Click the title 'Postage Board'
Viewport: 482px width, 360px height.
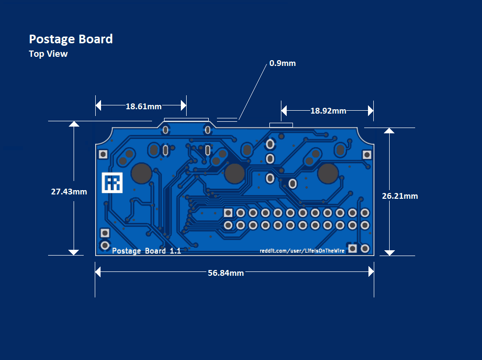[71, 39]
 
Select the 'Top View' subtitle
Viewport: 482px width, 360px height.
[48, 54]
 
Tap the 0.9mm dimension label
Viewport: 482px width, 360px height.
[282, 63]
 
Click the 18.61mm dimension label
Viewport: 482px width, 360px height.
[143, 106]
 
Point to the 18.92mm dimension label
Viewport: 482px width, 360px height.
[328, 111]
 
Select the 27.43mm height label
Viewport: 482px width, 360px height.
[69, 192]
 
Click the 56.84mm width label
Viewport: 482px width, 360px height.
[226, 273]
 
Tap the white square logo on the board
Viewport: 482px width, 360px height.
[113, 183]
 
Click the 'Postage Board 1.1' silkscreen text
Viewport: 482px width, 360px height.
[146, 251]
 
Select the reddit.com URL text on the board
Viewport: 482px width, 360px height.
[302, 251]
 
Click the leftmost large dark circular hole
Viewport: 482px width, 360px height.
[142, 173]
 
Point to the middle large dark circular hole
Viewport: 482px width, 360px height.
[234, 173]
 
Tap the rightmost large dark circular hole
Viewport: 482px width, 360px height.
[328, 173]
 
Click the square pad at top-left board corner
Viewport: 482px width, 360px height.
[103, 154]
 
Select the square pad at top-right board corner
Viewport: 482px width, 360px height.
[367, 154]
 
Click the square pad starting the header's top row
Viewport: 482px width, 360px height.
[228, 213]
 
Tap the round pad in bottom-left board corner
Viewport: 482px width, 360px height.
[104, 245]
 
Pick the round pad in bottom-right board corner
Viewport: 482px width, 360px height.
[365, 248]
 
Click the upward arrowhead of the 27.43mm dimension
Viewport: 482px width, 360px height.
[74, 124]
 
